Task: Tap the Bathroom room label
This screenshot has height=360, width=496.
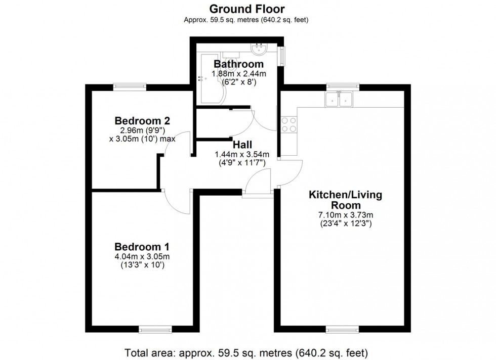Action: [238, 64]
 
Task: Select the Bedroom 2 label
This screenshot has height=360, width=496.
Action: [142, 121]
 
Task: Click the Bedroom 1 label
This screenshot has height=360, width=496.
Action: [142, 247]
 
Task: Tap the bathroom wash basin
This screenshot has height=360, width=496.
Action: [259, 49]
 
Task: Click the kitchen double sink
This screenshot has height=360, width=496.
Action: [339, 100]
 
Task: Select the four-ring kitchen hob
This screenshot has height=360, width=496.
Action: [288, 124]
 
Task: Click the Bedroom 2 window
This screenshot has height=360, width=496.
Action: [130, 86]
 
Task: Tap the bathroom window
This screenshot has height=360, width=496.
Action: [282, 56]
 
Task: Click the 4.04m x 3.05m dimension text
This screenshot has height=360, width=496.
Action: [142, 257]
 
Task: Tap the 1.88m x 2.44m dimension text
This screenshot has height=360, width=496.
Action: [238, 73]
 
